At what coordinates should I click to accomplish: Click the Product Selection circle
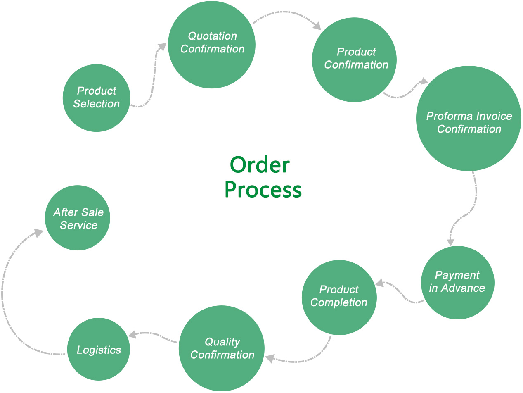coord(97,98)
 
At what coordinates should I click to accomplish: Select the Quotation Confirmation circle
coord(212,44)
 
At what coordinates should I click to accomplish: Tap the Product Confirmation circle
coord(354,60)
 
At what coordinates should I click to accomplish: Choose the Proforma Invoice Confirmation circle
coord(469,119)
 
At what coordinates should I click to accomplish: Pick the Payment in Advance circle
coord(457,283)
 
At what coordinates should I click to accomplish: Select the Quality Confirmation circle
coord(222,348)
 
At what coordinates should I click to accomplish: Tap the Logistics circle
coord(99,349)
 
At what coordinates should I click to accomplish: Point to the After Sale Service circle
coord(78,218)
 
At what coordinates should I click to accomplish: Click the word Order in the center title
coord(260,165)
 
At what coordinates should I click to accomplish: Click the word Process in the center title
coord(263,190)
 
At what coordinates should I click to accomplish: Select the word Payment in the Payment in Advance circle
coord(457,275)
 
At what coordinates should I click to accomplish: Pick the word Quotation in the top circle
coord(212,36)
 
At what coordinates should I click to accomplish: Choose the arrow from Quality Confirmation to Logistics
coord(155,335)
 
